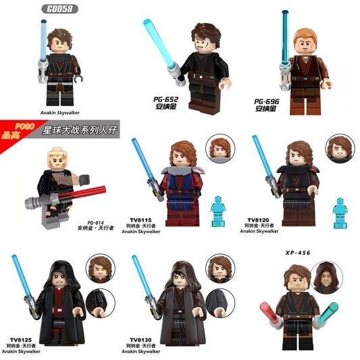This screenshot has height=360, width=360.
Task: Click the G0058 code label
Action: [x=61, y=8]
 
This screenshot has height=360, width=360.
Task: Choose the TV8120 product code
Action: [x=257, y=221]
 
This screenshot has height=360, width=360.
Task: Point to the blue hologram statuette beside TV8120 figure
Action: [x=340, y=208]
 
